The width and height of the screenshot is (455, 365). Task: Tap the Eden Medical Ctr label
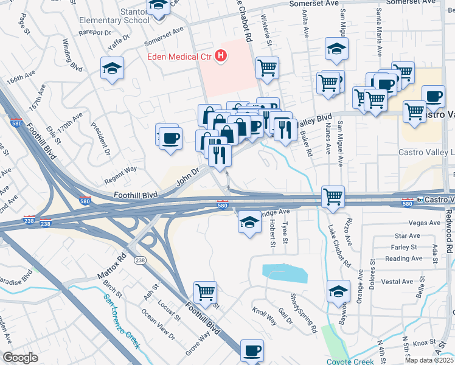pos(181,57)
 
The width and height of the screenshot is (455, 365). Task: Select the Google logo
pos(20,357)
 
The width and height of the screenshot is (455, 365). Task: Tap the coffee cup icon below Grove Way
pos(252,350)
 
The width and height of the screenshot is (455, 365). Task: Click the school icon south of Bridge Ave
pos(249,223)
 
